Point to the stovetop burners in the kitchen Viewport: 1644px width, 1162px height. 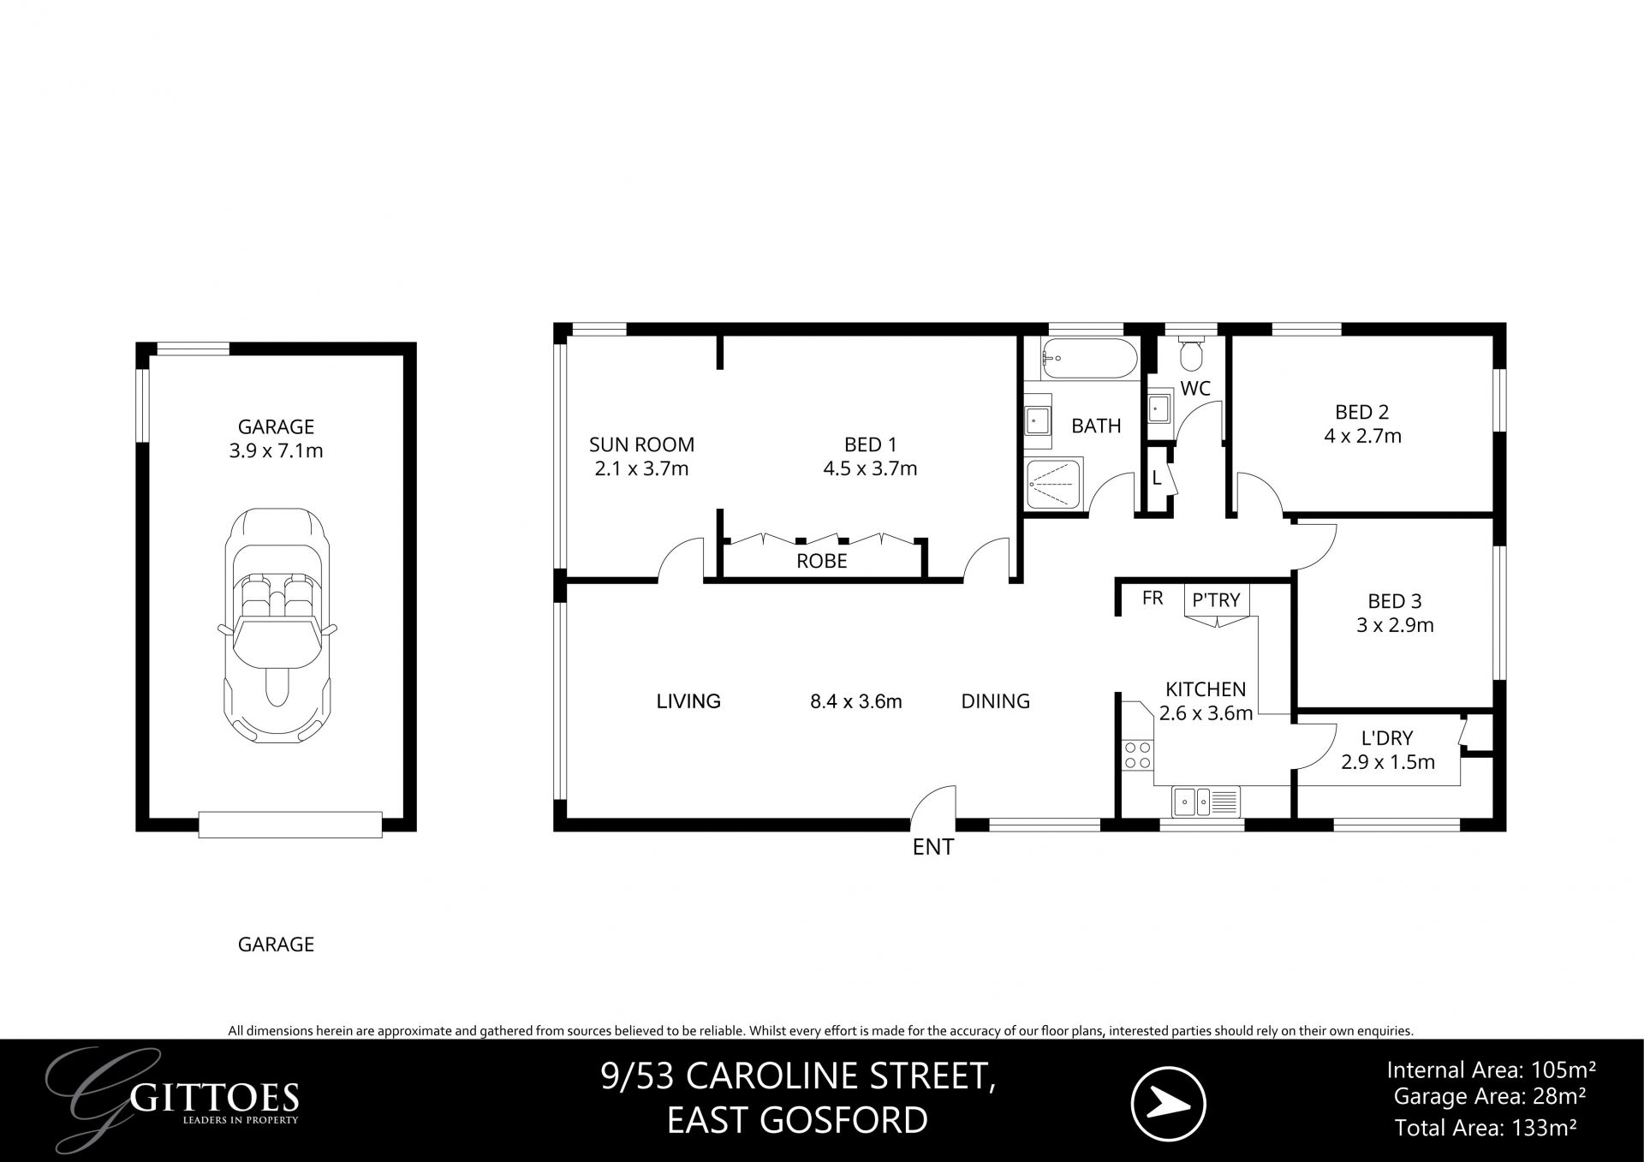(1138, 755)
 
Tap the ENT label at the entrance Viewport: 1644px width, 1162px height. (932, 847)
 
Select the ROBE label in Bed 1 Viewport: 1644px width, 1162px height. (821, 561)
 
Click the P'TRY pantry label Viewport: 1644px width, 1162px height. (1216, 600)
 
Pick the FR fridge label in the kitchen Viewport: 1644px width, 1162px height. (1153, 599)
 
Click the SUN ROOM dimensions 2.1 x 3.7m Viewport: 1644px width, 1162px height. (641, 468)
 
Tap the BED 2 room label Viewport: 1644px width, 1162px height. (1361, 412)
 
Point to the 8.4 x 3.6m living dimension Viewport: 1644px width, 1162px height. (855, 701)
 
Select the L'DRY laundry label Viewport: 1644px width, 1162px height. (1387, 737)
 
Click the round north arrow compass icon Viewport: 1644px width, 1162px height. (1168, 1104)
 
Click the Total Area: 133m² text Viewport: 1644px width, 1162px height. (1486, 1128)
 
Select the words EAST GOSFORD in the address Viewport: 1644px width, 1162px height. (797, 1120)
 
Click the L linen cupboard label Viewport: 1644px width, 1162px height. (1157, 479)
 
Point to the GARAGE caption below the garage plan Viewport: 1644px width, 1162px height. (276, 944)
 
